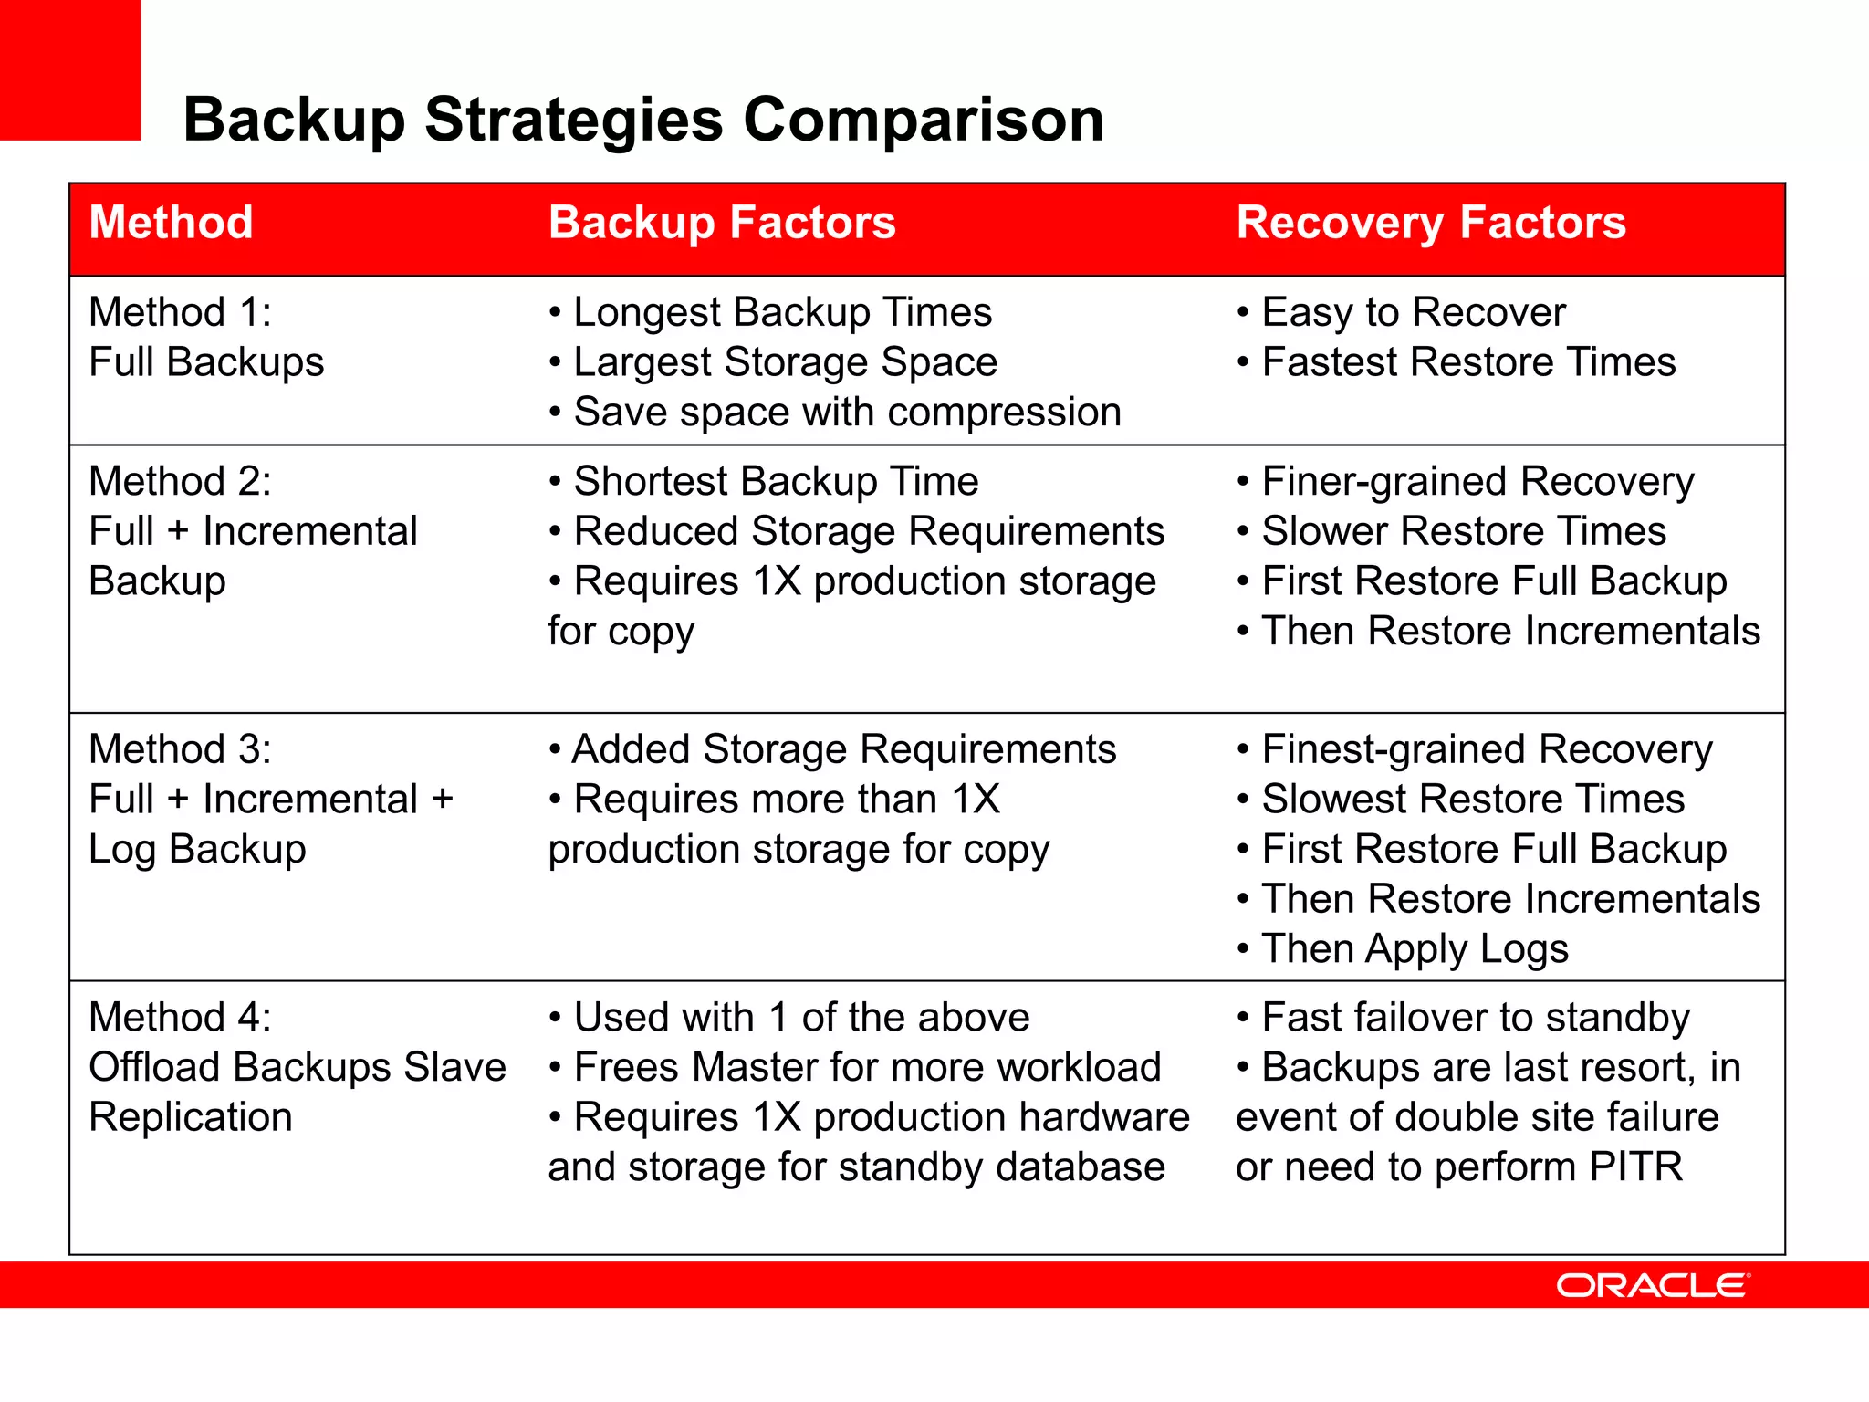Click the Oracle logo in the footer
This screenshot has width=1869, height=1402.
1653,1285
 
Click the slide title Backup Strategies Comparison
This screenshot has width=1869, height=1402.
643,120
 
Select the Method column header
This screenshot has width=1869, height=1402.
172,223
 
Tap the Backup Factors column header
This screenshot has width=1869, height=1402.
722,223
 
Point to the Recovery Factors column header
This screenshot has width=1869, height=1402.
1431,223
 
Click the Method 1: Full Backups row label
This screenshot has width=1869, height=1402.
206,337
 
